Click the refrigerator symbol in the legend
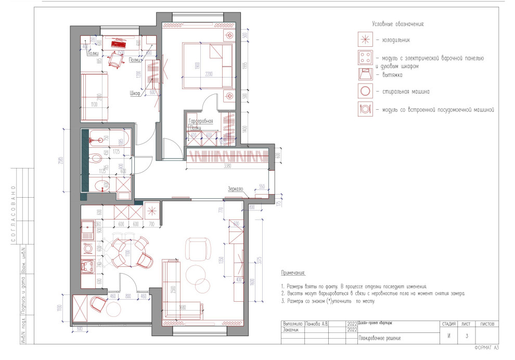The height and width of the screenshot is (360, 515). pos(366,39)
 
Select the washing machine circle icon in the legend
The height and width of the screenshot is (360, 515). pos(366,92)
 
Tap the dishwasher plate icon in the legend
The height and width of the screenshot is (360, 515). pos(366,110)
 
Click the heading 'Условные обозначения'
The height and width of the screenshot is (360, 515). pos(398,24)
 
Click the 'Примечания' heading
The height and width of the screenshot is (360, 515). pos(293,273)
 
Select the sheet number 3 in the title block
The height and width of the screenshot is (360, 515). pos(466,336)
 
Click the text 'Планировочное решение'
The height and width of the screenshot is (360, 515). pos(380,338)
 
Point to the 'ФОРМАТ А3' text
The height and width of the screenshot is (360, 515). pos(486,348)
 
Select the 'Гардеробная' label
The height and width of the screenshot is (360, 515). pos(201,121)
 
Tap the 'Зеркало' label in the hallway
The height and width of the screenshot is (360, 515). pos(235,189)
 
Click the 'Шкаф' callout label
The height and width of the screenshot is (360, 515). pos(136,93)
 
